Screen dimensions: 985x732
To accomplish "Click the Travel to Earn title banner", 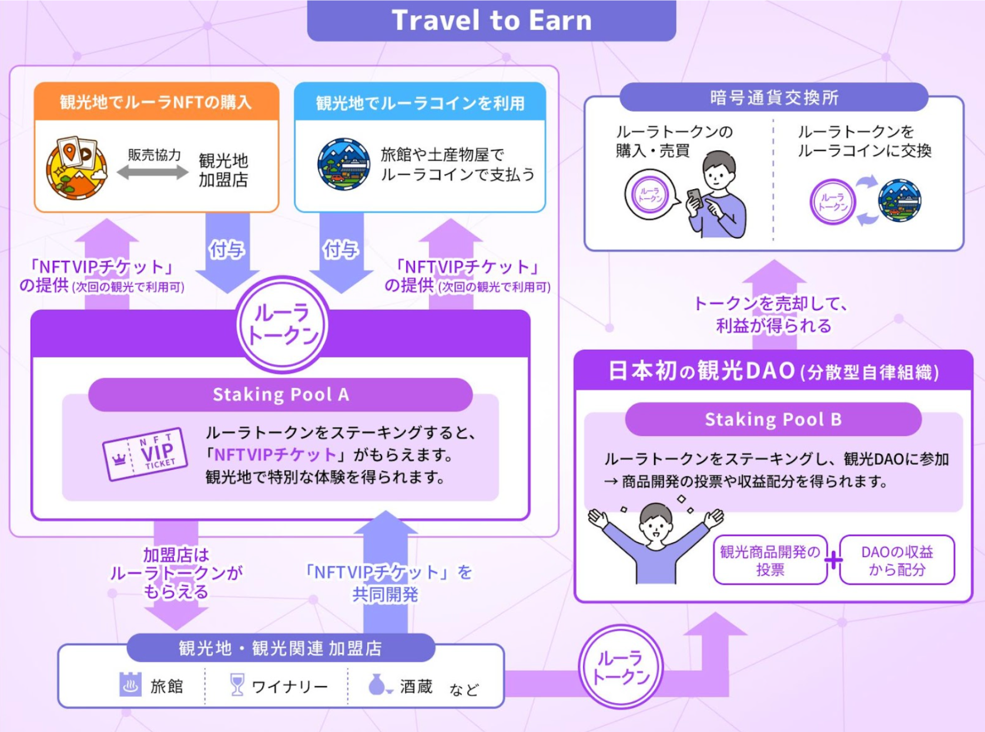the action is [491, 21].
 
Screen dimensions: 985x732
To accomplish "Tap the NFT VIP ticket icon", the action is [145, 454].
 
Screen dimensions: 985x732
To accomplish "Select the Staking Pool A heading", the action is [280, 394].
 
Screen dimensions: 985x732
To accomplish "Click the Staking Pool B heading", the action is [773, 419].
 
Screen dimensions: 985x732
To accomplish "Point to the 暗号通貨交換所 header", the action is [773, 98].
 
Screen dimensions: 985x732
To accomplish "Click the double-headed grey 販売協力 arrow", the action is [153, 172].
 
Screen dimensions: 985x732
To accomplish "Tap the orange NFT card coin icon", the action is [77, 168].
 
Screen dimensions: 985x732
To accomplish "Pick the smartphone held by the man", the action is [695, 199].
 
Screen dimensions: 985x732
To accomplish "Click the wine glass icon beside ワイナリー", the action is [237, 684].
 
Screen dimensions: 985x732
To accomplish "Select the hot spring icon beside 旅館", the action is [130, 684].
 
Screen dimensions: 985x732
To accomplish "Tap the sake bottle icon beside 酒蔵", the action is [377, 684].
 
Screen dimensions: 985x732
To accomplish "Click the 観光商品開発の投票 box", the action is [770, 560].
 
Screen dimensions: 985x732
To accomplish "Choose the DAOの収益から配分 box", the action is [897, 560].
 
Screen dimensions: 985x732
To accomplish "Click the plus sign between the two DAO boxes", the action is [833, 560].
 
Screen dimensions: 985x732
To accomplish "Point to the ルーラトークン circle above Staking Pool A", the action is [283, 325].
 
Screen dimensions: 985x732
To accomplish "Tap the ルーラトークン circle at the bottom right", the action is [621, 667].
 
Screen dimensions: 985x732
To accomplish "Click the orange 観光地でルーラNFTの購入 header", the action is [156, 102].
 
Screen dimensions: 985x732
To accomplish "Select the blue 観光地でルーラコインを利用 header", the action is [420, 103].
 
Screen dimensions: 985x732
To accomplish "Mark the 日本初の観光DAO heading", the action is [773, 371].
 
